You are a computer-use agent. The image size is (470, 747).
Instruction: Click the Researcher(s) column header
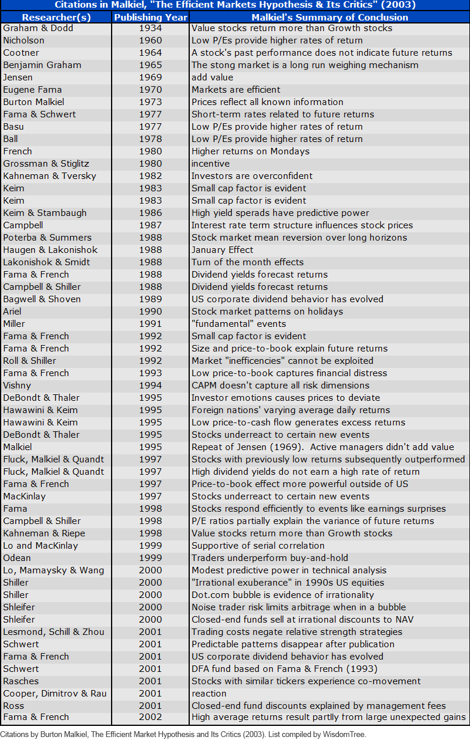tap(56, 17)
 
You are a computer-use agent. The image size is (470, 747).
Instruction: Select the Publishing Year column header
tap(150, 17)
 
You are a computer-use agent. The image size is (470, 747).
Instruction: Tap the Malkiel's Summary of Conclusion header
tap(330, 17)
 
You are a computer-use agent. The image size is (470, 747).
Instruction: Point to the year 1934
tap(150, 28)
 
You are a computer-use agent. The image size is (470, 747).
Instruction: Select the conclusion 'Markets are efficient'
tap(236, 90)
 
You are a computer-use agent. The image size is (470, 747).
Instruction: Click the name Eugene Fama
tap(32, 90)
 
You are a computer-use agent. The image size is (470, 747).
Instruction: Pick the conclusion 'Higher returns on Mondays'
tap(250, 151)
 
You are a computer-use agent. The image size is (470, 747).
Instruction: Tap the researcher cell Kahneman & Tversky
tap(49, 176)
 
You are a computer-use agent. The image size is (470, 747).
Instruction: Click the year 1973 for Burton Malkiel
tap(150, 102)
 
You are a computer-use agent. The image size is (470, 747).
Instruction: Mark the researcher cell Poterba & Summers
tap(47, 238)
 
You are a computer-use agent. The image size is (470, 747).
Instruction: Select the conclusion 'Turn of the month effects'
tap(247, 262)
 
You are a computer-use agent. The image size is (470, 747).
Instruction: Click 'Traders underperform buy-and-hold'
tap(270, 558)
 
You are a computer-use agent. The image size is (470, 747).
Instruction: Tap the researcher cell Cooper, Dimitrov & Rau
tap(55, 694)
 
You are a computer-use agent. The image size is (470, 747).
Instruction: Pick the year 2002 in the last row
tap(150, 717)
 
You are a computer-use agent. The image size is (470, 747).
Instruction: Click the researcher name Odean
tap(17, 558)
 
